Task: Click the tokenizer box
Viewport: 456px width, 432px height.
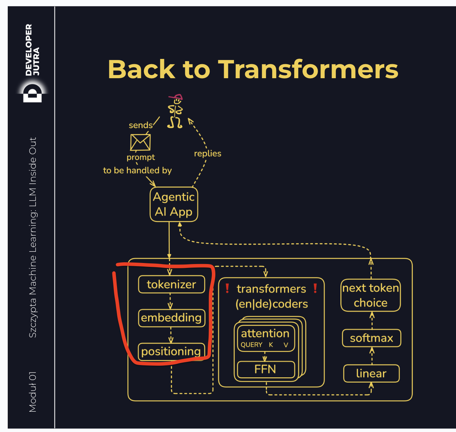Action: click(x=171, y=284)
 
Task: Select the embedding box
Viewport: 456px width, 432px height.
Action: click(x=171, y=318)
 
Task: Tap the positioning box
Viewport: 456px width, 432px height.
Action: click(x=171, y=351)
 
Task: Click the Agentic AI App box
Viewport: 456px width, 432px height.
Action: click(x=174, y=204)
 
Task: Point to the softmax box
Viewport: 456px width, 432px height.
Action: click(x=371, y=338)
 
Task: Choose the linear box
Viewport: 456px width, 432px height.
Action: click(x=371, y=373)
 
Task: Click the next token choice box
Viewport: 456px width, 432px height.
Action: click(x=371, y=295)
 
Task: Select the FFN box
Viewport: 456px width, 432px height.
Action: click(x=266, y=369)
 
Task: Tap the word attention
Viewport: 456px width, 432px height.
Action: click(x=265, y=333)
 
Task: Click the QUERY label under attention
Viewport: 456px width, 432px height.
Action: click(x=252, y=345)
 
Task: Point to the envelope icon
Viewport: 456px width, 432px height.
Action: click(x=141, y=142)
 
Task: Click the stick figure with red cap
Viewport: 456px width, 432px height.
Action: click(x=175, y=112)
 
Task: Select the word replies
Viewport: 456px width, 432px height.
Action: click(x=208, y=153)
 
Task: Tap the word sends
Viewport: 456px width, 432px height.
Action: click(x=141, y=125)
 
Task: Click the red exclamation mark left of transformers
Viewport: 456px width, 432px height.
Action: click(x=227, y=288)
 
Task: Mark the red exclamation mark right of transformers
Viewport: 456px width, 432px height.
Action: click(x=315, y=288)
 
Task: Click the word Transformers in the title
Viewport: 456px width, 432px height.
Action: click(x=309, y=69)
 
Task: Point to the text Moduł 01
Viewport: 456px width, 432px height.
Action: click(x=33, y=392)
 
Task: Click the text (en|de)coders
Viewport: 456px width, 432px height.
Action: click(x=272, y=304)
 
